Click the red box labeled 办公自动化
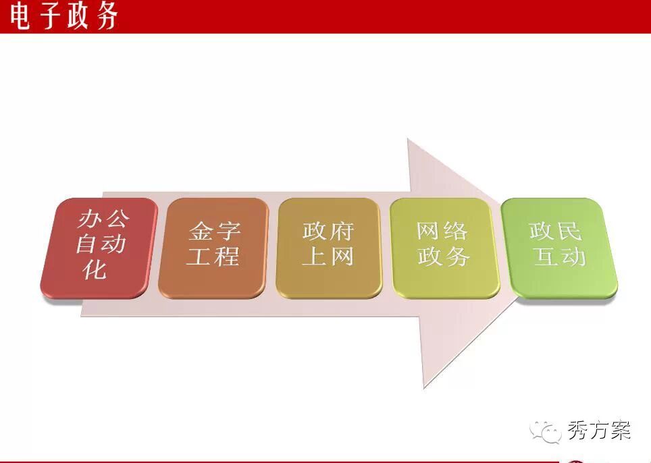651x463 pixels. point(99,248)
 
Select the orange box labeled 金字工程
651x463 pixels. point(213,248)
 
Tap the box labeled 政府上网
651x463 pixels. point(328,248)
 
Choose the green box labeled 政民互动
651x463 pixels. point(559,248)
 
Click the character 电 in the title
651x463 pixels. point(20,17)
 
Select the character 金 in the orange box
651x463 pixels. point(201,231)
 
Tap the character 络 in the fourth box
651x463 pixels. point(455,231)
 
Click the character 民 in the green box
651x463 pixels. point(568,231)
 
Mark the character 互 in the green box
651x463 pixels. point(546,256)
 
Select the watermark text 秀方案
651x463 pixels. point(599,430)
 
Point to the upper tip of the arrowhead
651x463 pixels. point(408,138)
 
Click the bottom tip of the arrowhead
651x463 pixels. point(424,388)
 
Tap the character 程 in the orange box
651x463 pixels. point(226,256)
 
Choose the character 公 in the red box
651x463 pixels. point(116,218)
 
